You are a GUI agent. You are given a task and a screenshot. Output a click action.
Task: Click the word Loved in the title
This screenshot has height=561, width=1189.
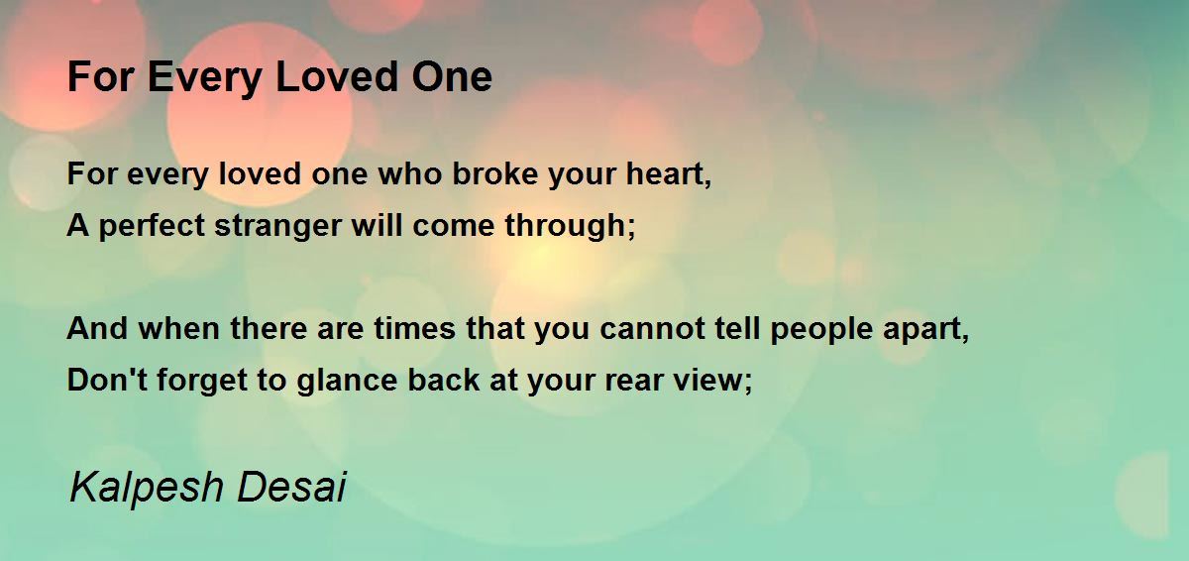click(x=337, y=76)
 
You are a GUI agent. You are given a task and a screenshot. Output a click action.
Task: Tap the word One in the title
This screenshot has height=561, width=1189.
click(x=452, y=76)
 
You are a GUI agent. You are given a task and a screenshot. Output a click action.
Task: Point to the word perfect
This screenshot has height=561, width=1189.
click(x=152, y=227)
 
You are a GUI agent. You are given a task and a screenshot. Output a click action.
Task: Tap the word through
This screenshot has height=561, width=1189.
click(x=566, y=226)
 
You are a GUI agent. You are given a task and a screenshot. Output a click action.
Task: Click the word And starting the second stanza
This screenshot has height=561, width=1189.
click(x=97, y=328)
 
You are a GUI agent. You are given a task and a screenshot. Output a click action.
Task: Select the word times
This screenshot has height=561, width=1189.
click(x=415, y=328)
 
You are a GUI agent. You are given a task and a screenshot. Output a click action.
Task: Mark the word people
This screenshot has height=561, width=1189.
click(x=821, y=330)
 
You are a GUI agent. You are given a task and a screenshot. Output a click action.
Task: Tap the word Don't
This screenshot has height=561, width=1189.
click(x=107, y=380)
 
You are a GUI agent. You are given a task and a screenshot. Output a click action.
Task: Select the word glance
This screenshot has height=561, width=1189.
click(x=347, y=381)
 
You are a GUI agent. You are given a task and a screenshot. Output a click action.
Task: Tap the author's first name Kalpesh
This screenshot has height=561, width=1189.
click(x=146, y=488)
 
